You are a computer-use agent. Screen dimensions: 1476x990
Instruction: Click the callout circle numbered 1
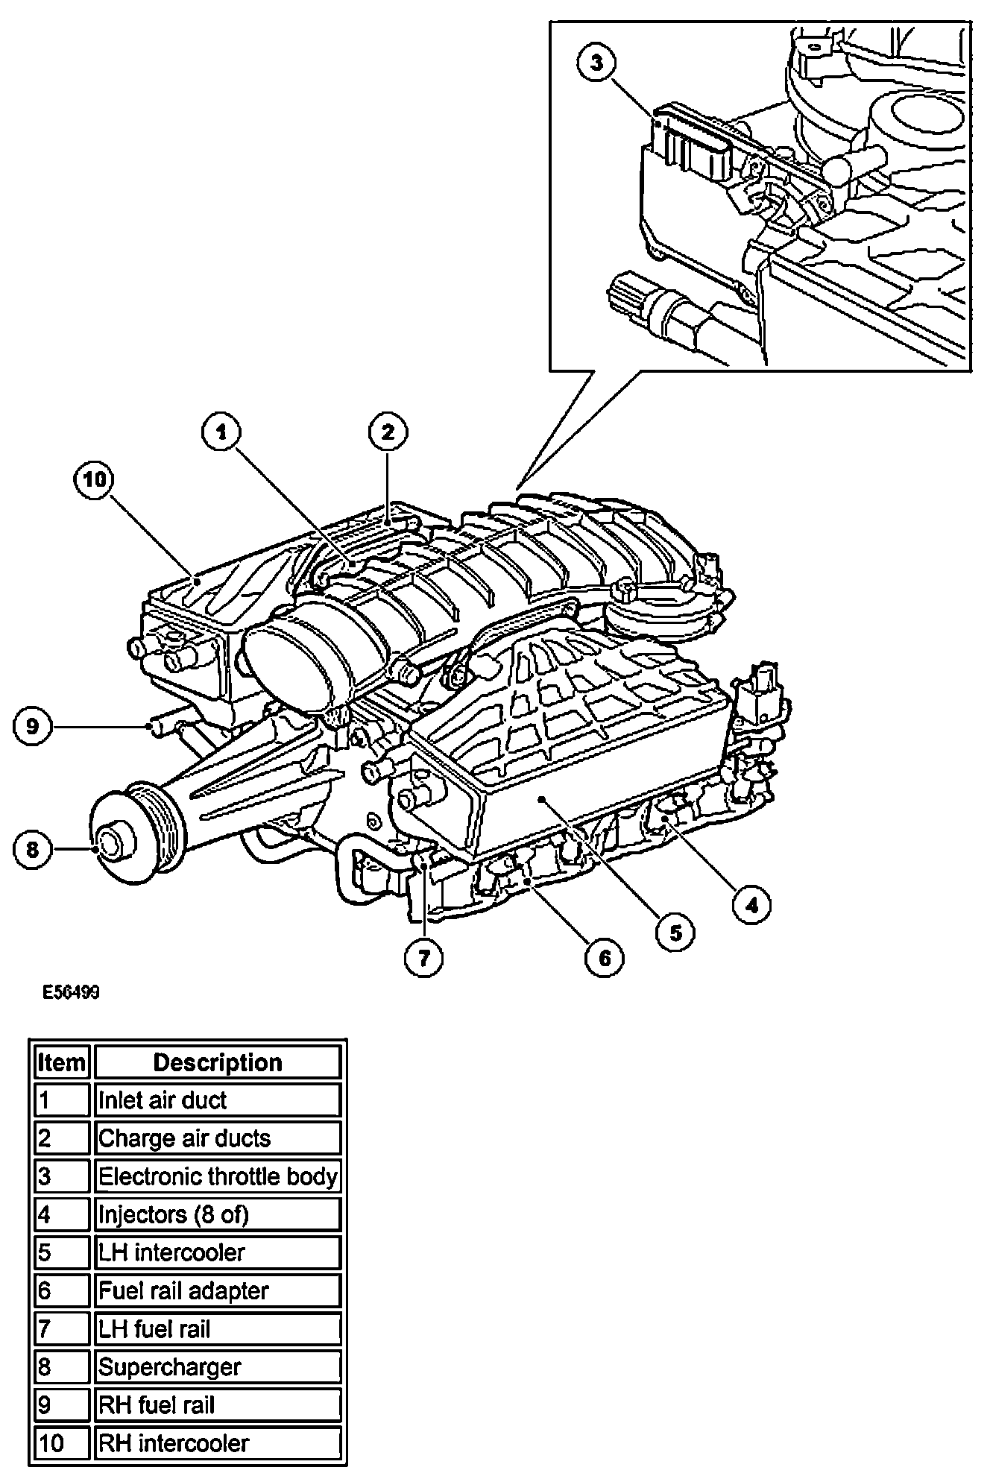221,432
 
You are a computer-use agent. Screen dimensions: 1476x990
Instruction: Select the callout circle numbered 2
388,432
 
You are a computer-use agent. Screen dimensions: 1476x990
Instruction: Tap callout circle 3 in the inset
597,63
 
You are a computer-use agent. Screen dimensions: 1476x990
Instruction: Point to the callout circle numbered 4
751,905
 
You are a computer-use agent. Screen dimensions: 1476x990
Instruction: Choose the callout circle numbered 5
675,933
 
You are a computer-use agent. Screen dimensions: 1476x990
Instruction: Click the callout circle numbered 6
605,957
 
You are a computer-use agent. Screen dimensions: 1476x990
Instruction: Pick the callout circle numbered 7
424,957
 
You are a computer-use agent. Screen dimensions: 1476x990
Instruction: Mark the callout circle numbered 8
32,849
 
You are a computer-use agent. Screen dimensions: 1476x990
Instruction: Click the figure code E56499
71,993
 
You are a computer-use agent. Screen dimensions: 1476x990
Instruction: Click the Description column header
218,1062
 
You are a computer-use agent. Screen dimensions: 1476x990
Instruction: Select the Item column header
61,1062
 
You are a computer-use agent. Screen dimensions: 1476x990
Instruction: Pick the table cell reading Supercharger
218,1367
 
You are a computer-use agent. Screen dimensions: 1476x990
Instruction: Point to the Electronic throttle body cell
218,1176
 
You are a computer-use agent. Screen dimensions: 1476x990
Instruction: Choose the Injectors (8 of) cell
218,1215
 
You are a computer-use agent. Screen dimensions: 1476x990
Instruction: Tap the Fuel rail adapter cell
218,1291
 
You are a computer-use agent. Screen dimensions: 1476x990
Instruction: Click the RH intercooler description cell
218,1443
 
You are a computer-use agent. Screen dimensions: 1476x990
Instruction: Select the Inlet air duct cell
218,1100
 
